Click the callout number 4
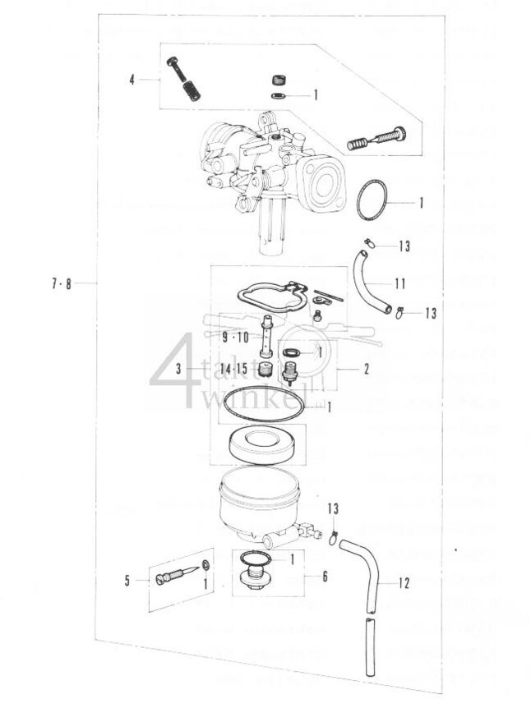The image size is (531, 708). (x=131, y=80)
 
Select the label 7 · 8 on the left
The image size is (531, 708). (x=61, y=284)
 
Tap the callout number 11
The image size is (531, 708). (x=400, y=284)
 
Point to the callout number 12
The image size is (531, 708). (x=403, y=584)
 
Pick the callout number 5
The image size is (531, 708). (x=127, y=581)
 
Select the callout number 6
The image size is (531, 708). (x=325, y=577)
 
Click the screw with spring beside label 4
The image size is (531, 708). (x=182, y=78)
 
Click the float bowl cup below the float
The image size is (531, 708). (x=258, y=509)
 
